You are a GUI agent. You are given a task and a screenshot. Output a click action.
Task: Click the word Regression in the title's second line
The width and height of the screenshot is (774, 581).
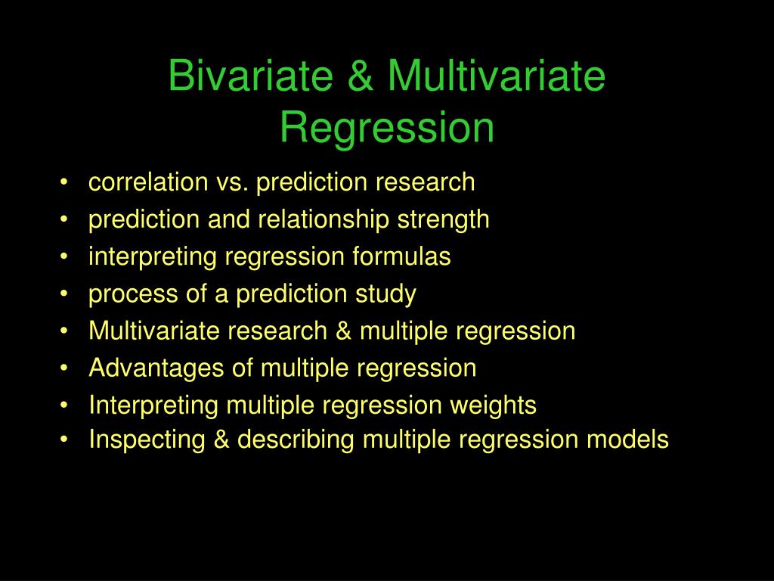pyautogui.click(x=387, y=127)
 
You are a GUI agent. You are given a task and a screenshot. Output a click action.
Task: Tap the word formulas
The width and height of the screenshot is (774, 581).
pyautogui.click(x=402, y=256)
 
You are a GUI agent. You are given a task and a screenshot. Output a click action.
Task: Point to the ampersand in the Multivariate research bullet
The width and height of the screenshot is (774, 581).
pyautogui.click(x=341, y=331)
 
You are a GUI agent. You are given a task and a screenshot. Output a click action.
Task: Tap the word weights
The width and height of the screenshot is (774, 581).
pyautogui.click(x=494, y=405)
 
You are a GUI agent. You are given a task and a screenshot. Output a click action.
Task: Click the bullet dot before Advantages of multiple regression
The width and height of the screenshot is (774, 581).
pyautogui.click(x=68, y=369)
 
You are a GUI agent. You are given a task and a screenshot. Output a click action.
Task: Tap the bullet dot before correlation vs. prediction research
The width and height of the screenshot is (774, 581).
pyautogui.click(x=68, y=183)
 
